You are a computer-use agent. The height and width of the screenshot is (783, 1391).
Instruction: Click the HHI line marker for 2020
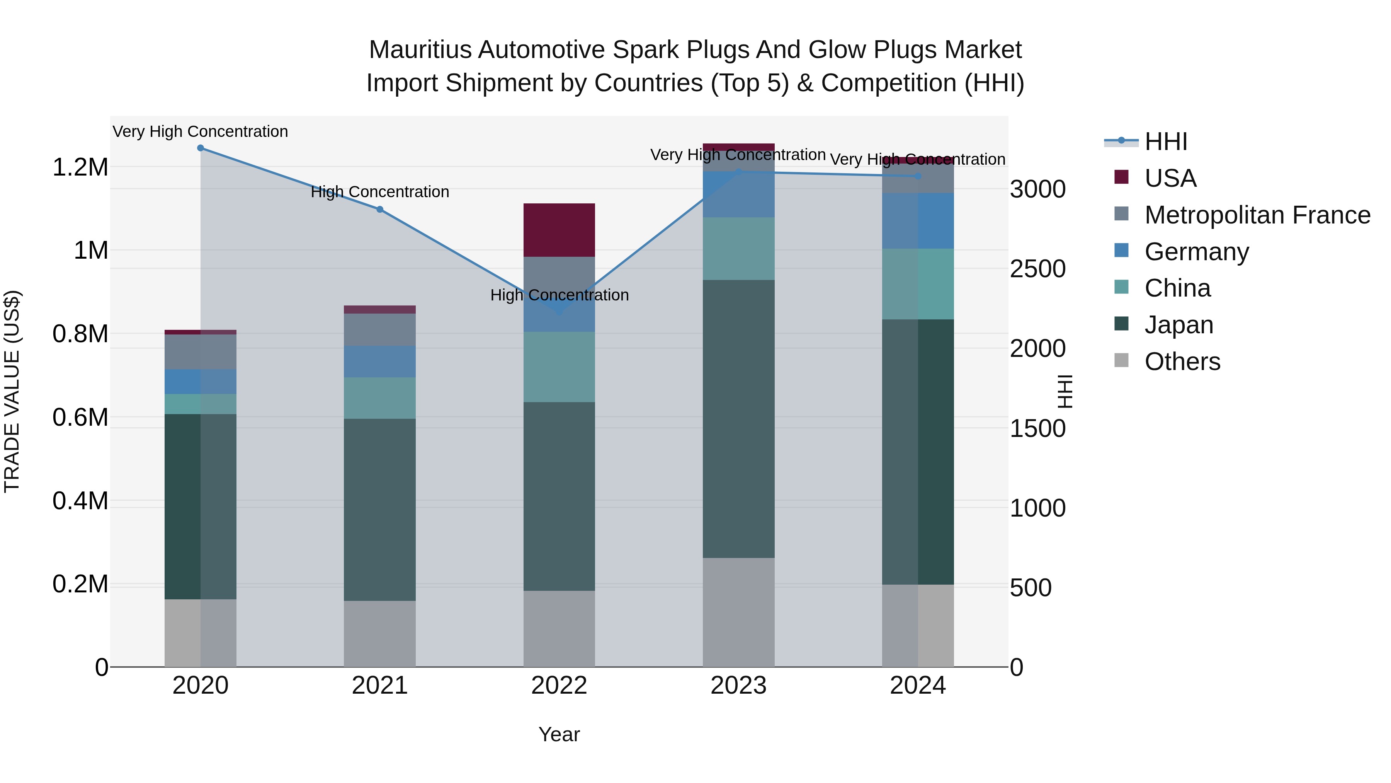(x=200, y=148)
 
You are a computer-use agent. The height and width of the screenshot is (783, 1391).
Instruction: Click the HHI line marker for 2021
(x=379, y=209)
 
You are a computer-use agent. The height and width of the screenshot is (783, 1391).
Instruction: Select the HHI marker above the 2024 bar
(x=918, y=176)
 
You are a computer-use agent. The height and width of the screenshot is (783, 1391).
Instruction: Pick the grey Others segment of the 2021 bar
(x=379, y=633)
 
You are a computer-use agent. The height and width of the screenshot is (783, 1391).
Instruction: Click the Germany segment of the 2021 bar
(x=379, y=362)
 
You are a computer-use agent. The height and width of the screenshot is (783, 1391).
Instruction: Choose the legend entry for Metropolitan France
(x=1257, y=215)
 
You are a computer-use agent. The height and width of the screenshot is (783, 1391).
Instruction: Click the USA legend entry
(x=1170, y=178)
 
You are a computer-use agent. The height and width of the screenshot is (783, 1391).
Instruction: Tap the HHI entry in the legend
(x=1165, y=142)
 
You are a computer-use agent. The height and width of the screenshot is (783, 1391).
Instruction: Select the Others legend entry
(x=1182, y=362)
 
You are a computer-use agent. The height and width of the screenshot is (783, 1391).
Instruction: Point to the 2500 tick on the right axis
(x=1037, y=269)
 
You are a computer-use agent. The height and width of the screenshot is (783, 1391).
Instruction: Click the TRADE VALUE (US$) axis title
(x=12, y=391)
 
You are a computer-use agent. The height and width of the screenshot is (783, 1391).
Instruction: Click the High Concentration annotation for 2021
(x=379, y=192)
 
